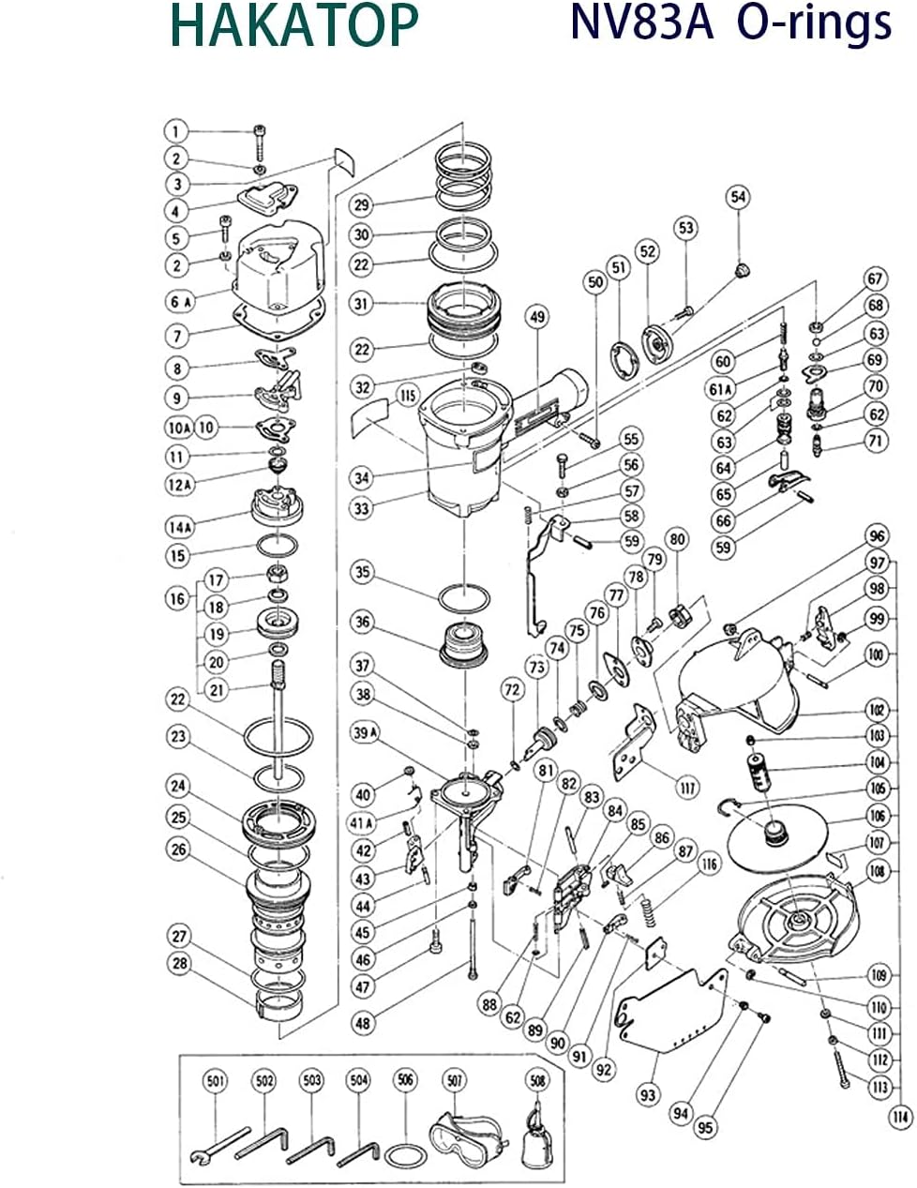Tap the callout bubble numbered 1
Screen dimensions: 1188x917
click(175, 130)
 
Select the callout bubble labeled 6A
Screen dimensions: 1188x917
click(180, 301)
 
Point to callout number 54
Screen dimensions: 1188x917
click(739, 196)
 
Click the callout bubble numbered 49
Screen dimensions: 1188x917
click(535, 317)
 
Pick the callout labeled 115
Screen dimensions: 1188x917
click(406, 395)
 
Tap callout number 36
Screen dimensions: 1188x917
click(363, 621)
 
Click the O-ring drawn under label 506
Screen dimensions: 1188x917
click(405, 1153)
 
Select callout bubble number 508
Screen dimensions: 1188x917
click(536, 1081)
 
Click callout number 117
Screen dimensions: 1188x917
click(688, 789)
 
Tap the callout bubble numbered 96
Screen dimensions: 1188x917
click(877, 537)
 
